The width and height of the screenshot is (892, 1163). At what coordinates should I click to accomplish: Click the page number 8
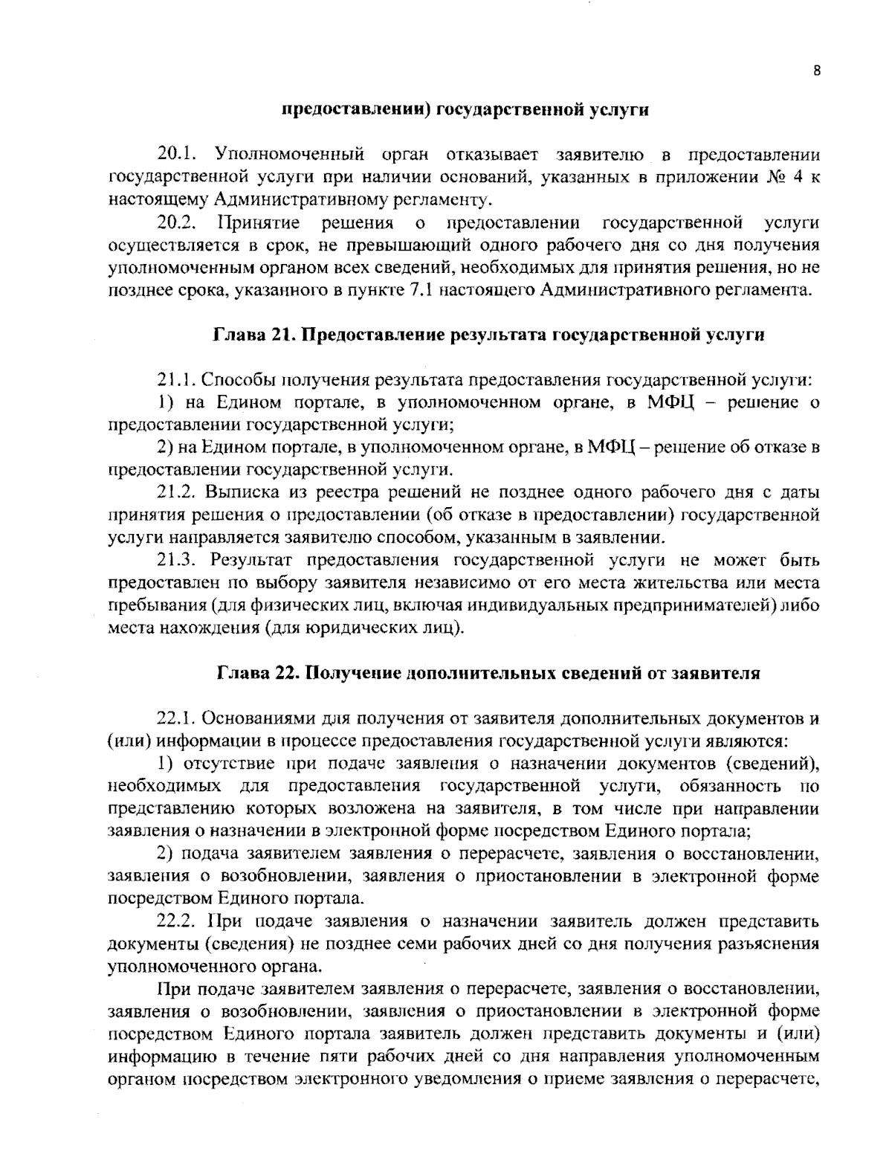[x=816, y=72]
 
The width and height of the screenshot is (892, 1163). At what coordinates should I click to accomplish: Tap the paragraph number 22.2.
[x=178, y=922]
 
